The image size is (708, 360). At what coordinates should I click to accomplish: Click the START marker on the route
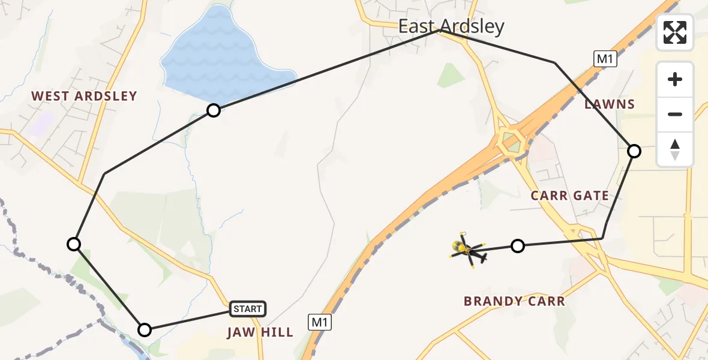tap(247, 309)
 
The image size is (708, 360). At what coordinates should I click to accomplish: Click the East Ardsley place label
tap(452, 26)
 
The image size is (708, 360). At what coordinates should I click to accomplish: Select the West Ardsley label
tap(84, 96)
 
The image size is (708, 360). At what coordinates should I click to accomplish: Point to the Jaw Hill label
tap(260, 332)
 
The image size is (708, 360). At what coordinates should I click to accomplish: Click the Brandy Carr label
tap(514, 301)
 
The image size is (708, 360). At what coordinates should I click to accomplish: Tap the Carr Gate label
tap(569, 196)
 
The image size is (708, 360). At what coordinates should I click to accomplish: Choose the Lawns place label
tap(610, 104)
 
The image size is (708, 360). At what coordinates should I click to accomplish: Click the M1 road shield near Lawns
tap(605, 58)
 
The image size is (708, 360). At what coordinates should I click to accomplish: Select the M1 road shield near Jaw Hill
tap(320, 322)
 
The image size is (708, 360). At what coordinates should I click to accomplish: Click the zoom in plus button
tap(675, 79)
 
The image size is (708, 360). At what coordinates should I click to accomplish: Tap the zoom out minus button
tap(675, 114)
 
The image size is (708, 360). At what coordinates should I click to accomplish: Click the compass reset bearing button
tap(675, 149)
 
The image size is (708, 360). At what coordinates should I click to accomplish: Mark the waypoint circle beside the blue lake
tap(214, 110)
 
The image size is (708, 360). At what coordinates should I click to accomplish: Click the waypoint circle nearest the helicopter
tap(518, 245)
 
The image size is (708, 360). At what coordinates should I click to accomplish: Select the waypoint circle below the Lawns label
tap(634, 151)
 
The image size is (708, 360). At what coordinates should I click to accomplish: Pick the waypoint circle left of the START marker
tap(145, 329)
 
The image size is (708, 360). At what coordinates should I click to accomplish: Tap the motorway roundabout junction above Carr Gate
tap(512, 142)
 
